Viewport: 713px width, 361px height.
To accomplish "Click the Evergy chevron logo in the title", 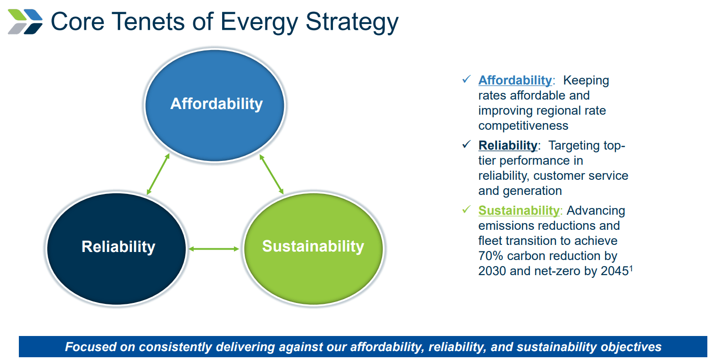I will click(25, 22).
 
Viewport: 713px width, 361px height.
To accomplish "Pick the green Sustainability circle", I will click(313, 247).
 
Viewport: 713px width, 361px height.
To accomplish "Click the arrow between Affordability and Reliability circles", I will click(158, 174).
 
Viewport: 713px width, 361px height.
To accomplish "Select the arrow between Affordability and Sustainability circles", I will click(272, 174).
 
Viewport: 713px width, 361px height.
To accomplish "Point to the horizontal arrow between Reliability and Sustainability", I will click(214, 248).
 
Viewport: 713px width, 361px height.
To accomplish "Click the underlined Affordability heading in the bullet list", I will click(514, 81).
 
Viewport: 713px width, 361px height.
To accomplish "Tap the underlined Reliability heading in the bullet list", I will click(507, 145).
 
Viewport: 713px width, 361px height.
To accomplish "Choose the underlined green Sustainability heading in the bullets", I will click(518, 210).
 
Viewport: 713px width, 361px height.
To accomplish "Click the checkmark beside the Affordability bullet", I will click(466, 80).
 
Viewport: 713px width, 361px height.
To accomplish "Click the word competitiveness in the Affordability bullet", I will click(523, 126).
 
